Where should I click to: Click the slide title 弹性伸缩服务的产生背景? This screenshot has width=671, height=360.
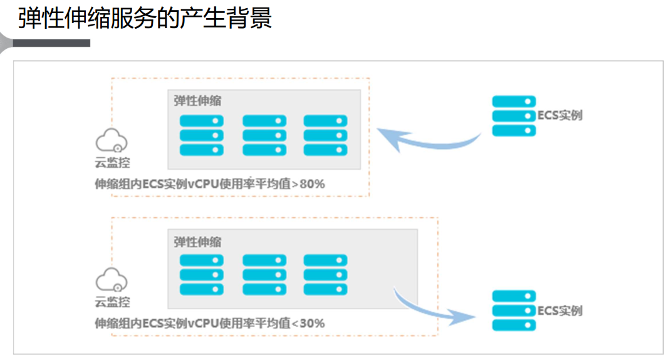point(145,18)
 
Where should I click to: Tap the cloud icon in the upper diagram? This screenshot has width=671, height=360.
point(112,140)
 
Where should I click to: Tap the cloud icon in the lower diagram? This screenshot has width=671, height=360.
point(112,279)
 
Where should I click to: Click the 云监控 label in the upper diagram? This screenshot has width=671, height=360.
point(112,163)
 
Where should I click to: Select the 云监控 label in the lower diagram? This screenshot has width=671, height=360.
point(112,302)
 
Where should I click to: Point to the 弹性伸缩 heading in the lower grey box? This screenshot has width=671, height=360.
point(197,242)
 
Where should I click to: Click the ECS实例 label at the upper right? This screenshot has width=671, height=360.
point(560,116)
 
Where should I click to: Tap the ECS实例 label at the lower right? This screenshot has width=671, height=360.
point(560,311)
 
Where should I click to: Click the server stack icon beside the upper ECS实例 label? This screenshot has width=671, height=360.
point(514,116)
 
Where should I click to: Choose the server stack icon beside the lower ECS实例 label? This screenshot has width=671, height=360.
point(514,311)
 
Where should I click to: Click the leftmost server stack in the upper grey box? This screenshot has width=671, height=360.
point(202,135)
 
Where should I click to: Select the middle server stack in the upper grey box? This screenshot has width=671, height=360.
point(264,135)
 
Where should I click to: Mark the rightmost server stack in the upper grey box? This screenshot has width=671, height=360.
point(325,135)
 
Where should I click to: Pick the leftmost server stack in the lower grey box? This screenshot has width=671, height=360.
point(202,274)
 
